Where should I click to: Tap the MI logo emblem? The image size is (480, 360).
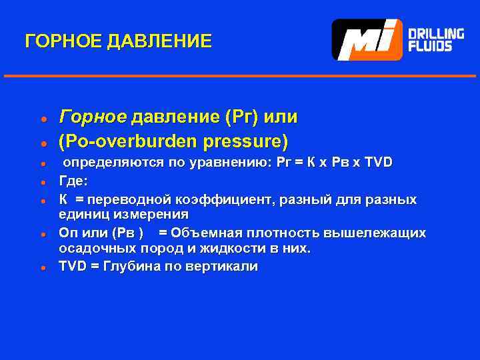click(x=367, y=40)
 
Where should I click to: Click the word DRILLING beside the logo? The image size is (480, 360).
click(x=436, y=33)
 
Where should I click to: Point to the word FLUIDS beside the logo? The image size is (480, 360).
click(x=429, y=47)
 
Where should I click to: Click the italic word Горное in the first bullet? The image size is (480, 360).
click(x=92, y=117)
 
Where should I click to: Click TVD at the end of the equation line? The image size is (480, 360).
click(x=378, y=163)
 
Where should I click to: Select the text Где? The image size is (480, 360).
click(x=73, y=180)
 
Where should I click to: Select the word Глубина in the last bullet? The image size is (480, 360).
click(x=130, y=266)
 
